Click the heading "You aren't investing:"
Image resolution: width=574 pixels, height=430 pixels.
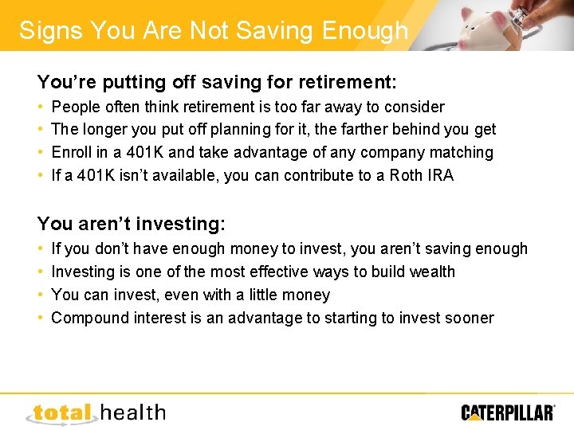pyautogui.click(x=132, y=225)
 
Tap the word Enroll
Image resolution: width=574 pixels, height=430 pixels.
pyautogui.click(x=72, y=152)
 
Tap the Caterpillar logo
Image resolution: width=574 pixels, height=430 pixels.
pyautogui.click(x=508, y=412)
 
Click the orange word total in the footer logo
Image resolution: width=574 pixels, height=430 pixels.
pyautogui.click(x=63, y=412)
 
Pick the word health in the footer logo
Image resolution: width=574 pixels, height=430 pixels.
pyautogui.click(x=133, y=412)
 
